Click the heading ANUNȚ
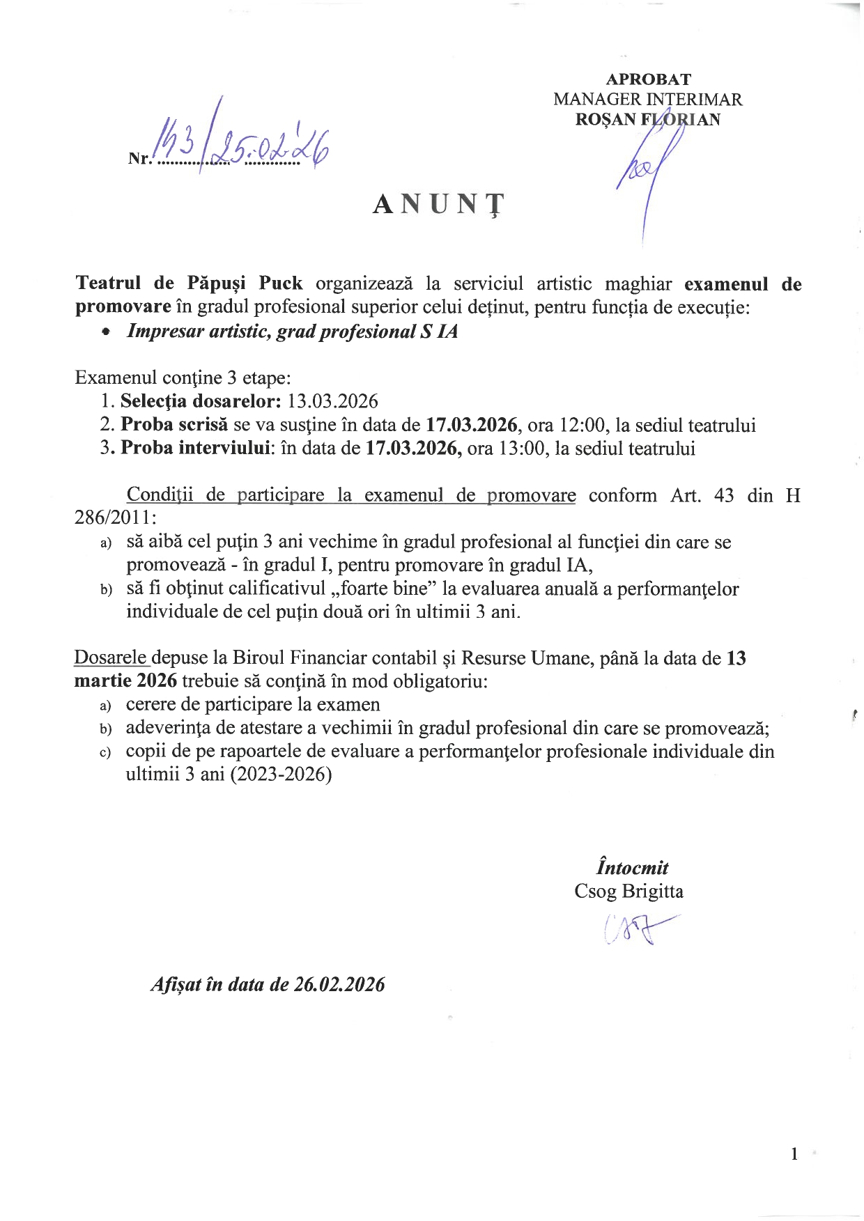pyautogui.click(x=438, y=204)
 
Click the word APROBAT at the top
pyautogui.click(x=648, y=79)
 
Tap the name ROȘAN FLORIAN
pyautogui.click(x=647, y=120)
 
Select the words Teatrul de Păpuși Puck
pyautogui.click(x=189, y=283)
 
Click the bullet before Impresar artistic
pyautogui.click(x=105, y=332)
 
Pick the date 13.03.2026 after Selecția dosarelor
pyautogui.click(x=333, y=401)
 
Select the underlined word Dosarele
pyautogui.click(x=111, y=658)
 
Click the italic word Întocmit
pyautogui.click(x=632, y=868)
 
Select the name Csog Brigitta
pyautogui.click(x=628, y=892)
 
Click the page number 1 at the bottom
pyautogui.click(x=794, y=1154)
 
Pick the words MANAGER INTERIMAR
pyautogui.click(x=647, y=100)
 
